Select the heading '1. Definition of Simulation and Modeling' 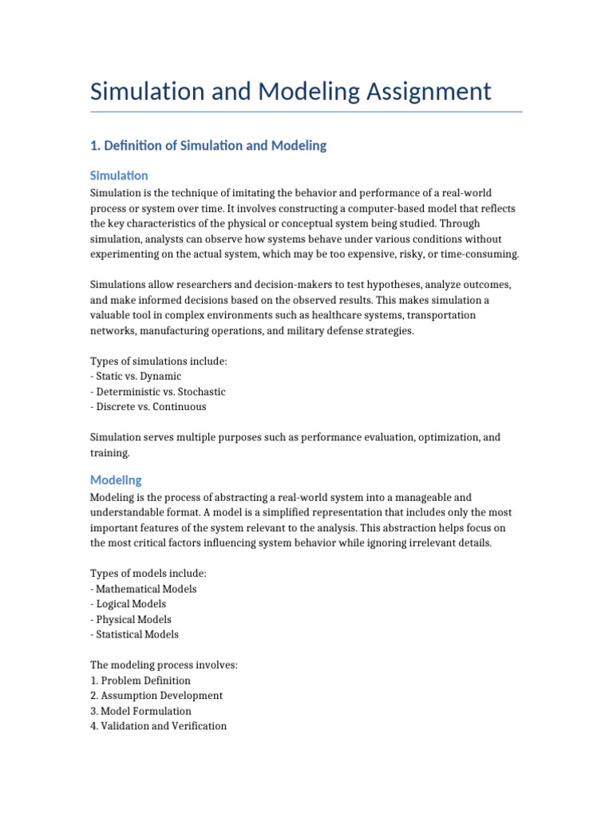(208, 145)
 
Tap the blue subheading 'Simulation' (119, 176)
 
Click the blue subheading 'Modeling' (116, 480)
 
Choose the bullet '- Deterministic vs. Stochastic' (158, 392)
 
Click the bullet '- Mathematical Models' (144, 589)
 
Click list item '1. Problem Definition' (140, 681)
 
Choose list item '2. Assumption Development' (156, 696)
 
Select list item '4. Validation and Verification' (158, 726)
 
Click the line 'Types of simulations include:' (159, 361)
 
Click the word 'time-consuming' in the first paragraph (478, 255)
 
